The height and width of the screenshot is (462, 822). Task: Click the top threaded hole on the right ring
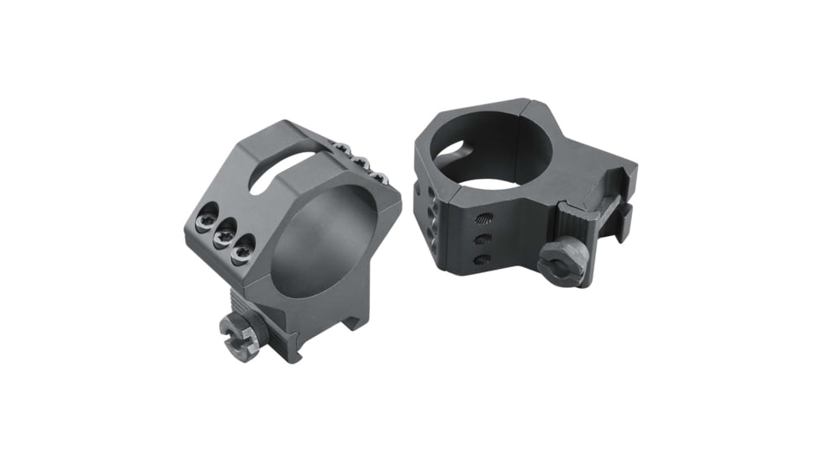pos(483,220)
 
